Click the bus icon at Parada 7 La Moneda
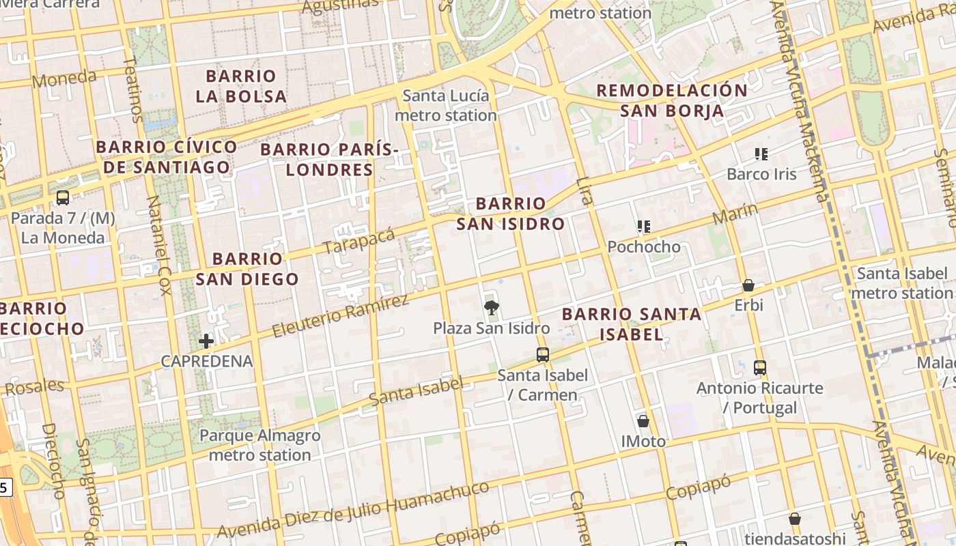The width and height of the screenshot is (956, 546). click(62, 198)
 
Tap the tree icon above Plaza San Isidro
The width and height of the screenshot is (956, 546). click(491, 308)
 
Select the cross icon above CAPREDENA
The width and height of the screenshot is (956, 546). click(206, 341)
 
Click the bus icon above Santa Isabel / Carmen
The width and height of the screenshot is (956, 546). click(543, 354)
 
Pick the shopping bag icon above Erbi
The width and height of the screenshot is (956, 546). click(748, 285)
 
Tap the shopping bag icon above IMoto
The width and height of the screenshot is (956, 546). click(643, 421)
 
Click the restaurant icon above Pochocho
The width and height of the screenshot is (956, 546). click(643, 227)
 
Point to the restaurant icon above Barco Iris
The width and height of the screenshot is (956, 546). click(761, 154)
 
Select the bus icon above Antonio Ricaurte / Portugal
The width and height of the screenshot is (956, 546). click(760, 368)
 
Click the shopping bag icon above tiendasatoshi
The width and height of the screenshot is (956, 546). click(794, 519)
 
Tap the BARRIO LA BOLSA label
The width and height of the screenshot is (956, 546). click(241, 86)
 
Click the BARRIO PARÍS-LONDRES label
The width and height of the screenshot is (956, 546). click(329, 159)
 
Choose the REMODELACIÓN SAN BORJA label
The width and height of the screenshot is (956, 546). click(672, 100)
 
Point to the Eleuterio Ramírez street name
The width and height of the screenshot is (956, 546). click(339, 316)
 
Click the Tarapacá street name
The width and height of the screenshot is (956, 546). click(359, 240)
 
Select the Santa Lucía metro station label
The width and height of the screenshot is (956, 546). click(445, 105)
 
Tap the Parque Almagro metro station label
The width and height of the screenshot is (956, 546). click(259, 445)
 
